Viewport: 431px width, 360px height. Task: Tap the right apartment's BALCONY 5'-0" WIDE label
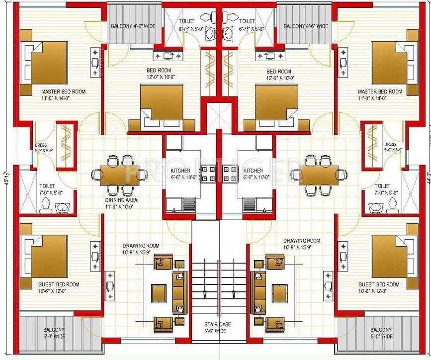pyautogui.click(x=382, y=333)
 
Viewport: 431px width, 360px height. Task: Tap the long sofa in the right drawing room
pyautogui.click(x=259, y=292)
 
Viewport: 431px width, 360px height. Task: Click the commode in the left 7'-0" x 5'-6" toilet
pyautogui.click(x=46, y=205)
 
